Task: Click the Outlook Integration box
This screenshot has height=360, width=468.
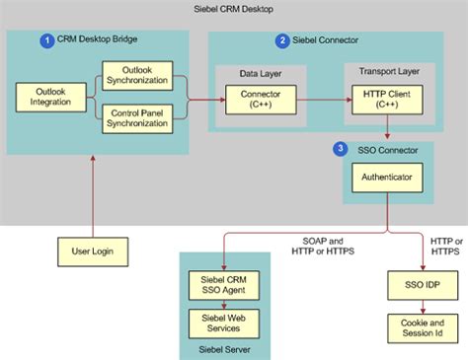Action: (x=44, y=97)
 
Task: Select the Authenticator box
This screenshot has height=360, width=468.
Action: (x=387, y=180)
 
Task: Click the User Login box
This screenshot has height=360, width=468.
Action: (x=92, y=250)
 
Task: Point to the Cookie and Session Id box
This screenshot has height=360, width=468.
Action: (x=424, y=328)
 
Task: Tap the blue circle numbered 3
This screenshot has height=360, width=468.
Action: (x=342, y=149)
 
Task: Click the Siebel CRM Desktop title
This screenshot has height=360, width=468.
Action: (x=233, y=9)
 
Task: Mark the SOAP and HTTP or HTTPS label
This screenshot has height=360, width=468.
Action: (x=327, y=245)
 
